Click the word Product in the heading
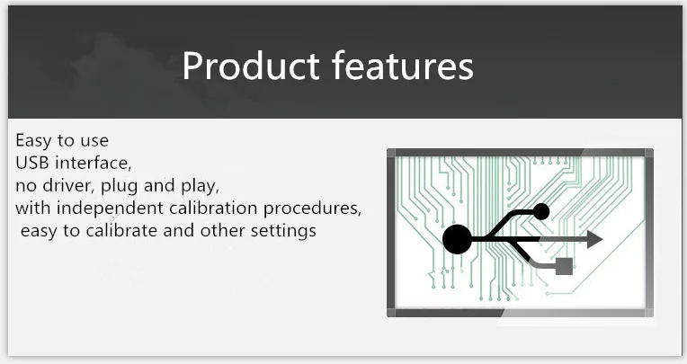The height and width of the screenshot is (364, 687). [251, 66]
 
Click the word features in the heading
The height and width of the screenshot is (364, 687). [403, 65]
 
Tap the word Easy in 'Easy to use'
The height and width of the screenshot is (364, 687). [33, 141]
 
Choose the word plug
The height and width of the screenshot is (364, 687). [120, 187]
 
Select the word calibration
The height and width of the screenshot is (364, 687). [213, 208]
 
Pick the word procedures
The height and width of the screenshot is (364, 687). [311, 209]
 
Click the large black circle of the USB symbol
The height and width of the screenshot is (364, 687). [457, 239]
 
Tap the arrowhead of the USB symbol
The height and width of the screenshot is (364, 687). [594, 239]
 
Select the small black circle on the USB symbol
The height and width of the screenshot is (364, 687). [541, 211]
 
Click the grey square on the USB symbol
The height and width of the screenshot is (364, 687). [564, 266]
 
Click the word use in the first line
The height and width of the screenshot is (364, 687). [94, 141]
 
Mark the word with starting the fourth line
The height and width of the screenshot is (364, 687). [33, 208]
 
